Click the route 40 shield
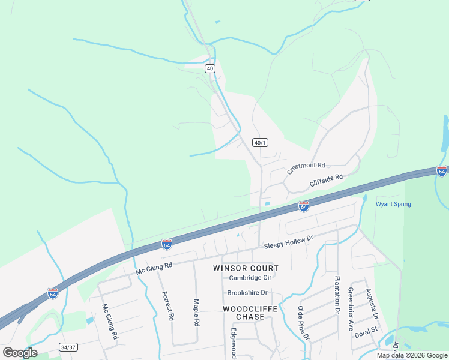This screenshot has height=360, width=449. [x=209, y=68]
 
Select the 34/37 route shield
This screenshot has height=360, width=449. [x=68, y=347]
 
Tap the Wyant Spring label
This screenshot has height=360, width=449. [x=393, y=204]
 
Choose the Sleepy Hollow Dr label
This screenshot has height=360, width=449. [x=289, y=242]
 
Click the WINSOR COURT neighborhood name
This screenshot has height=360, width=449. [x=246, y=268]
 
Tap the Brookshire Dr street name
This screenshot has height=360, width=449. [x=247, y=293]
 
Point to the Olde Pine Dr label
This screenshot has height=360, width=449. [x=303, y=323]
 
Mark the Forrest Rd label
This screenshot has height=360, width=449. [x=167, y=306]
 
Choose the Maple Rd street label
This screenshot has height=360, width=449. [x=196, y=312]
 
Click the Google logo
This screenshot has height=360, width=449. [x=20, y=352]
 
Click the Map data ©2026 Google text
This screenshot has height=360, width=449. [x=411, y=355]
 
